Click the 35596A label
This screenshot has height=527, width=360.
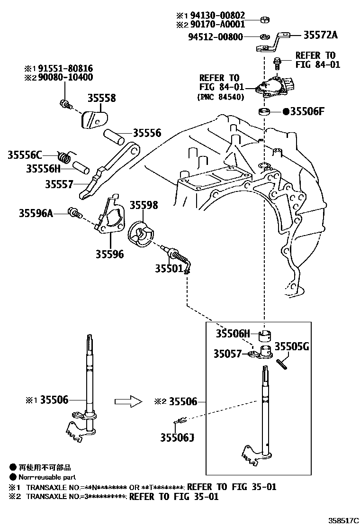pos(36,213)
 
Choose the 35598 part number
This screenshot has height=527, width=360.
pos(144,205)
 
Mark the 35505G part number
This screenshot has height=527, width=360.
pos(292,346)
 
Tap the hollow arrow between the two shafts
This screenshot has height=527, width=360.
pos(128,401)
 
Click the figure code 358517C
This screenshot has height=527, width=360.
pos(339,520)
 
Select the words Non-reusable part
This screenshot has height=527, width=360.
pos(47,477)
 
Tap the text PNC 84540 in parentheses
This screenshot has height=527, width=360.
pos(221,97)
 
